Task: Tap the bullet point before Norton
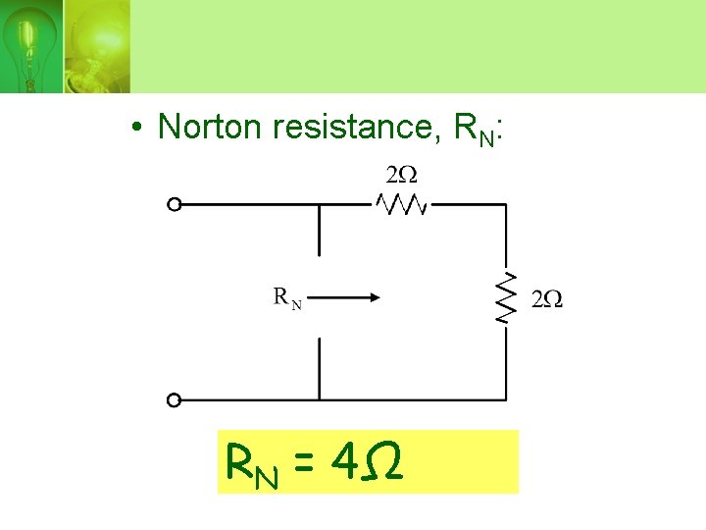tap(141, 129)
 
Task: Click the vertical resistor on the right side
tap(506, 298)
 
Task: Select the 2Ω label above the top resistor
tap(402, 176)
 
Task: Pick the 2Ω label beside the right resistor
tap(546, 299)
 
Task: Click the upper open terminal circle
tap(174, 204)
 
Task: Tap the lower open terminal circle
tap(174, 399)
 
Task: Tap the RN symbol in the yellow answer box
tap(251, 460)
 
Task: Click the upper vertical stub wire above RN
tap(319, 230)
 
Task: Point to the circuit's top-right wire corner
tap(506, 204)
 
